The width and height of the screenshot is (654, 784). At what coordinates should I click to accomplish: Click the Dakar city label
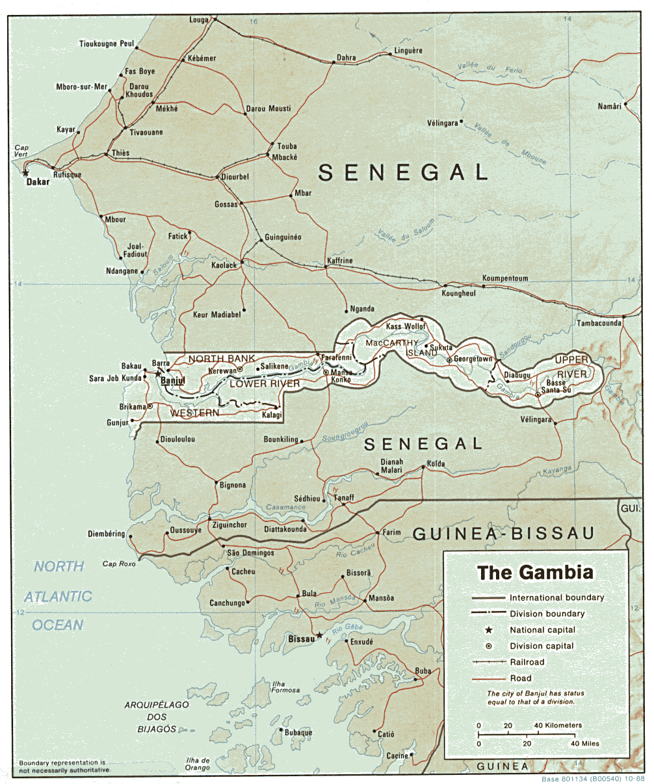[x=38, y=183]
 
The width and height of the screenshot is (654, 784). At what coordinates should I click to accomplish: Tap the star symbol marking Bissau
[x=319, y=635]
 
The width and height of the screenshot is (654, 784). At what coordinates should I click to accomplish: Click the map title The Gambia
[x=535, y=573]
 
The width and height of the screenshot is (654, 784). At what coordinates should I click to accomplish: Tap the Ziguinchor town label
[x=228, y=525]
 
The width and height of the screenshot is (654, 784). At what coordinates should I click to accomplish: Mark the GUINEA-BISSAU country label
[x=504, y=534]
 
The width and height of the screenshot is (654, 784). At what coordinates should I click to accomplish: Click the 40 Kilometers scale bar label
[x=558, y=725]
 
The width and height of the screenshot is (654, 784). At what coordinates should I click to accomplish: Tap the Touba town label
[x=287, y=146]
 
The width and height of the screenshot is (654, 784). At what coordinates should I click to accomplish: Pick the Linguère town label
[x=408, y=51]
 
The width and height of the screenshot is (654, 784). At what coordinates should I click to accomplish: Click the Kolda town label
[x=436, y=464]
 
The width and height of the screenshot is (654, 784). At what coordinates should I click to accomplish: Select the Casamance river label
[x=285, y=507]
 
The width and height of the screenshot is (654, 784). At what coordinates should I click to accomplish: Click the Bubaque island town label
[x=298, y=733]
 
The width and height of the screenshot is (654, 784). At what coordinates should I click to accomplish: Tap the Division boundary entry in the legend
[x=547, y=614]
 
